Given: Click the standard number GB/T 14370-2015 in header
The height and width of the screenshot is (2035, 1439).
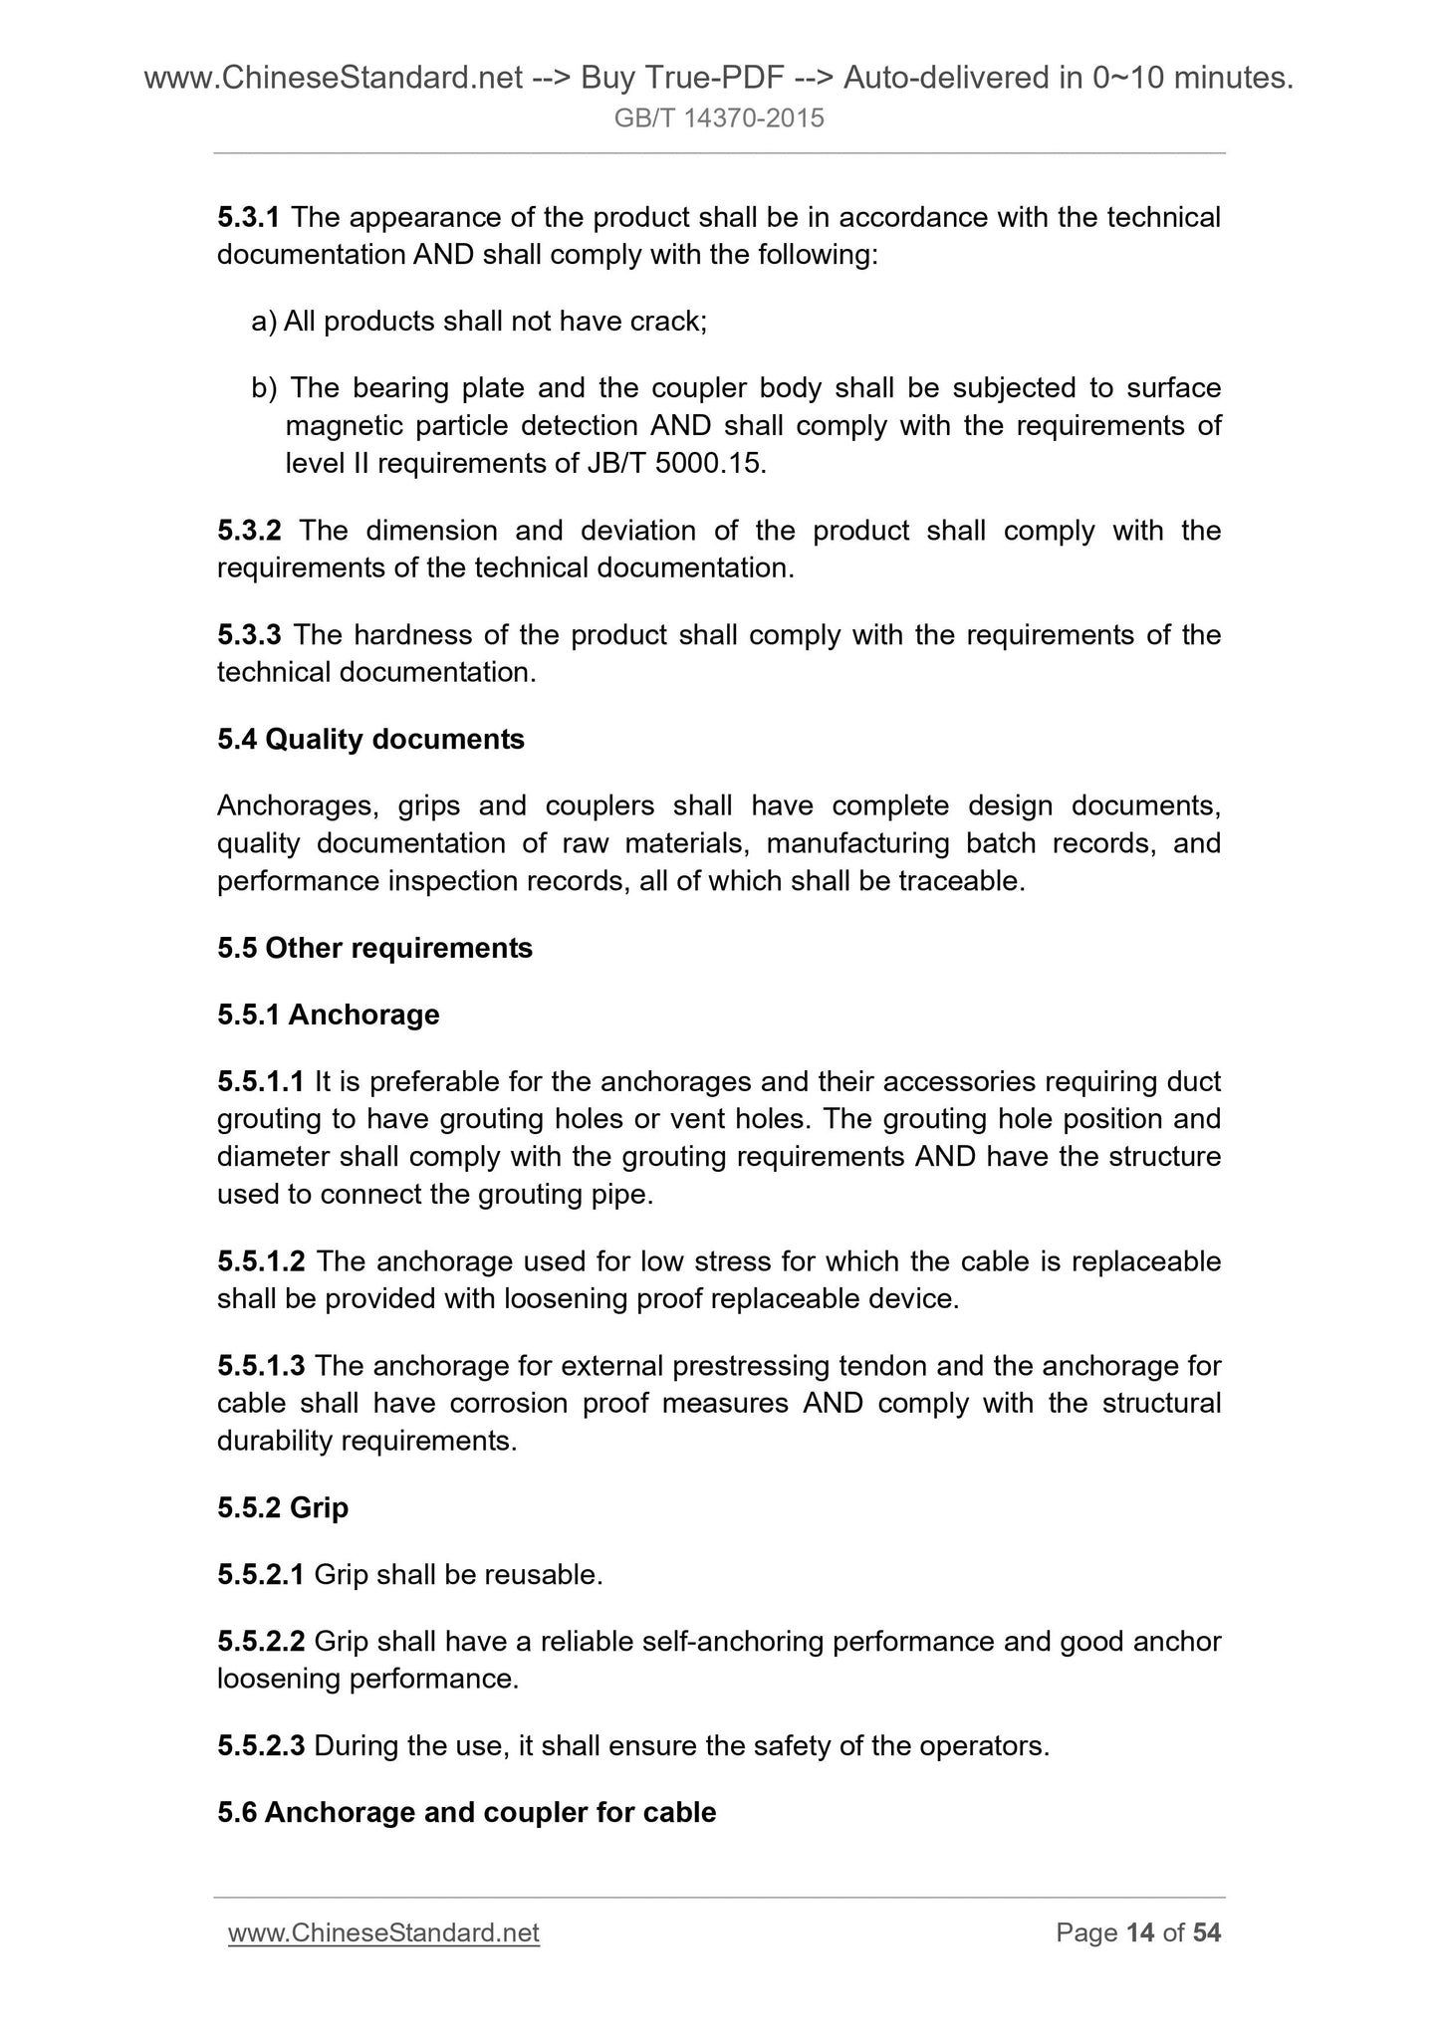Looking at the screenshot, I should (x=719, y=118).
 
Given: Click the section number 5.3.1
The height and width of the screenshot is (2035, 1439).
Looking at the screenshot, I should (x=249, y=217).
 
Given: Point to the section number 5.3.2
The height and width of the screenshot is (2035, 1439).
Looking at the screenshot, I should (x=249, y=531).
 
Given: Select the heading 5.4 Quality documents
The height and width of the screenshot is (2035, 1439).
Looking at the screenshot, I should (x=370, y=740).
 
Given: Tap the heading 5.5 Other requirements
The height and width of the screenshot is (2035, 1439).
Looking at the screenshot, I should (x=374, y=948).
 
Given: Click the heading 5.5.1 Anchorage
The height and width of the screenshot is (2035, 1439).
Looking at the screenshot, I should (x=328, y=1015).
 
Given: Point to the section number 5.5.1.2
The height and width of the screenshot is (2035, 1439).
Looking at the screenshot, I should (x=261, y=1261).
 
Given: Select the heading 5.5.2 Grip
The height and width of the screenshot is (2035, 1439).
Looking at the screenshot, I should (x=282, y=1508).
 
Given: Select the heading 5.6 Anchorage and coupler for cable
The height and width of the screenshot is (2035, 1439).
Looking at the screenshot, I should (x=466, y=1812).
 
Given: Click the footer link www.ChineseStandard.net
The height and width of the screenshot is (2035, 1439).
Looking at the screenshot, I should (x=383, y=1933).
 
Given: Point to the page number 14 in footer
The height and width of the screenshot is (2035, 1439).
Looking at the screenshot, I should (x=1139, y=1933).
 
